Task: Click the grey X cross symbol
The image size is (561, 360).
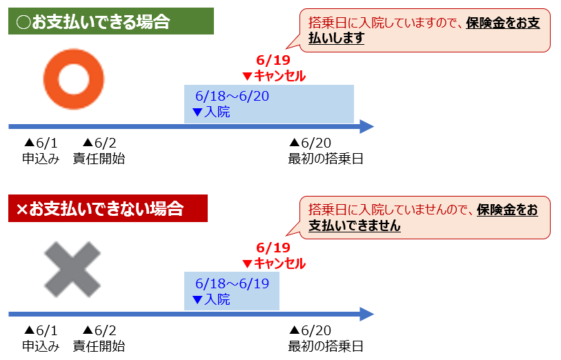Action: click(x=72, y=270)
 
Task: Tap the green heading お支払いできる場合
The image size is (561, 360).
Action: click(x=111, y=21)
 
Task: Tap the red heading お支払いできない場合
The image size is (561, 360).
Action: click(x=108, y=208)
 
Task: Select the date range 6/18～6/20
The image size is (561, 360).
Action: click(x=233, y=96)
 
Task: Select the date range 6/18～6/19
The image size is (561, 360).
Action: click(x=233, y=283)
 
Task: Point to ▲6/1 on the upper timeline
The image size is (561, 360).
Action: click(x=41, y=143)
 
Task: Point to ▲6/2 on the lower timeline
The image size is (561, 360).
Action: click(x=99, y=330)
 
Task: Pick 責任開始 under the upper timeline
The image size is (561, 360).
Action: click(x=99, y=159)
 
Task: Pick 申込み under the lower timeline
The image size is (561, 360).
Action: click(x=41, y=346)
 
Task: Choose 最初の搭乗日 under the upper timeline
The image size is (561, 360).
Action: click(x=326, y=159)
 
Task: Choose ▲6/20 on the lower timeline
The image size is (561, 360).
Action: click(x=311, y=330)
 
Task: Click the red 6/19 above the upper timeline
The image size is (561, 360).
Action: click(x=273, y=60)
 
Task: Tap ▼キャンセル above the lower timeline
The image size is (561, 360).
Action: click(x=274, y=264)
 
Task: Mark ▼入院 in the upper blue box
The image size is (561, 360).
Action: click(x=211, y=112)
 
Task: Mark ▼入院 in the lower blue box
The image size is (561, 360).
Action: click(x=211, y=299)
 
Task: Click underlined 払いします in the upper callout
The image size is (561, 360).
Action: click(x=336, y=38)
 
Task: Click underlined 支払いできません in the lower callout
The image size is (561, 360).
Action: click(x=355, y=226)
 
